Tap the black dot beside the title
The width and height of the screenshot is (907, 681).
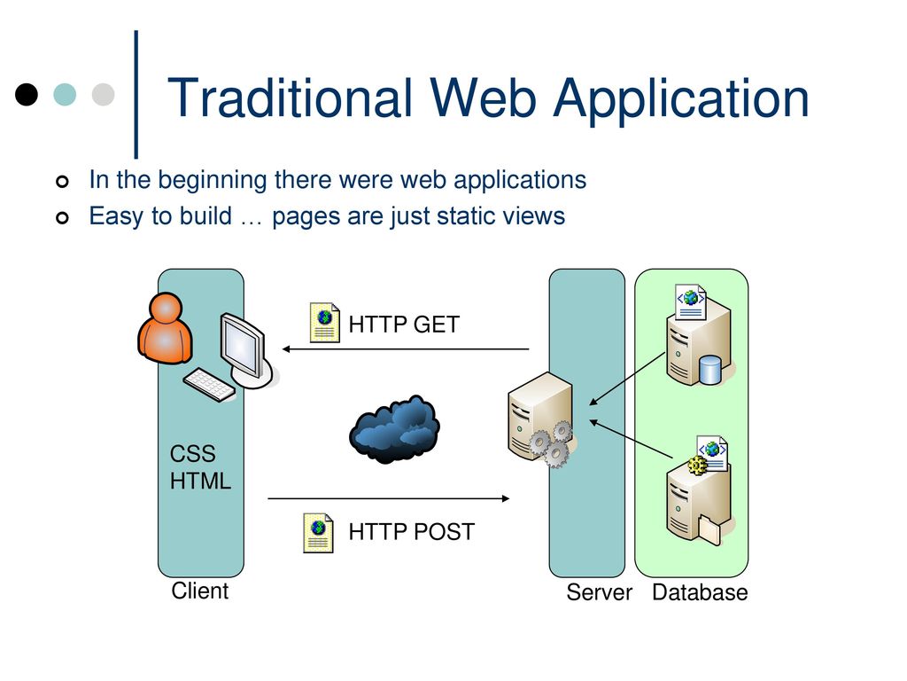click(x=27, y=94)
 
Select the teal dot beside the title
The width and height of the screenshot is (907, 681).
click(x=65, y=94)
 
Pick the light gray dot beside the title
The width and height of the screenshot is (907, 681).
click(x=103, y=94)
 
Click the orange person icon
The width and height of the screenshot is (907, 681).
click(x=165, y=328)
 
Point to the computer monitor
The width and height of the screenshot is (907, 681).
click(x=245, y=349)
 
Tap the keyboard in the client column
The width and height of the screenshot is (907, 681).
click(x=209, y=385)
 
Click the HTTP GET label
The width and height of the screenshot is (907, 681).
click(x=404, y=325)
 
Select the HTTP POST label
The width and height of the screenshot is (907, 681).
click(x=411, y=532)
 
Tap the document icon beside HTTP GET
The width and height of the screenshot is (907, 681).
click(x=324, y=322)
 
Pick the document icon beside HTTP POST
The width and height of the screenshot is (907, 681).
click(x=318, y=533)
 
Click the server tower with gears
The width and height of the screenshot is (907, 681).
click(x=540, y=419)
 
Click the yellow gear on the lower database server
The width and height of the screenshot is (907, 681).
click(x=698, y=465)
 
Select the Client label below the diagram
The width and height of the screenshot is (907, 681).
click(x=199, y=591)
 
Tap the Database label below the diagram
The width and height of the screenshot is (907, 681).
click(x=700, y=592)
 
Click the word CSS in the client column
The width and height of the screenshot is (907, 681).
click(x=192, y=453)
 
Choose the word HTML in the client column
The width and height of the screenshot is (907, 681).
click(x=201, y=481)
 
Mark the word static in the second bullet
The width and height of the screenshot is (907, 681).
click(x=466, y=216)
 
